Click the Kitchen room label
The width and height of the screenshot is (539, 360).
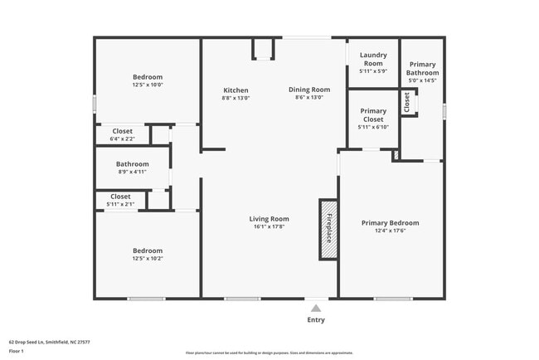[x=236, y=90]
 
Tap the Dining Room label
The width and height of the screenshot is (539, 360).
[x=309, y=90]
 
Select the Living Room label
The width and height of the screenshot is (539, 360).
[x=269, y=219]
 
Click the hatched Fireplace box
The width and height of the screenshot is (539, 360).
[x=328, y=230]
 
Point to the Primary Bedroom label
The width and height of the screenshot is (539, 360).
[x=390, y=222]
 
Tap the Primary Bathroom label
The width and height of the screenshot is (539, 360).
[x=423, y=69]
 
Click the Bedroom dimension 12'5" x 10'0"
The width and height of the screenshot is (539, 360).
[x=148, y=85]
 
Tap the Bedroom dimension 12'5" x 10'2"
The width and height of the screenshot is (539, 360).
[x=148, y=258]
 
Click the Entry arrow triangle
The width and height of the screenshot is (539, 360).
[x=316, y=308]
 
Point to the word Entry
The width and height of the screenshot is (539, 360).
[x=316, y=320]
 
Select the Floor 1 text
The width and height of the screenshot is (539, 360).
[x=17, y=351]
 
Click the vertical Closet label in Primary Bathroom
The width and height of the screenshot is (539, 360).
[x=407, y=102]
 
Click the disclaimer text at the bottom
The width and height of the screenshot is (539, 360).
[x=269, y=353]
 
